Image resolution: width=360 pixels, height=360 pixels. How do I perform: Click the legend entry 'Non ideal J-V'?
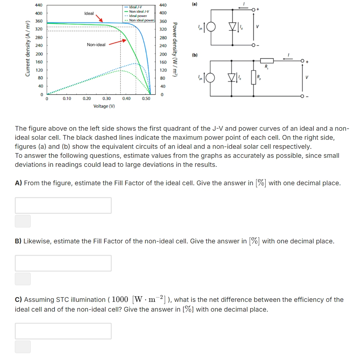pyautogui.click(x=138, y=12)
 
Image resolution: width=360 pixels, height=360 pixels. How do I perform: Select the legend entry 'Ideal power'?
pyautogui.click(x=138, y=16)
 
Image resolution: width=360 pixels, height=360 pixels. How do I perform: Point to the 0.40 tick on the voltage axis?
pyautogui.click(x=126, y=98)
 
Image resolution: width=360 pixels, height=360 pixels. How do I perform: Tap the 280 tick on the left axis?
pyautogui.click(x=39, y=38)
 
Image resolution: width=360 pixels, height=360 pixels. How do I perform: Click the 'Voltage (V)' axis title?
pyautogui.click(x=104, y=106)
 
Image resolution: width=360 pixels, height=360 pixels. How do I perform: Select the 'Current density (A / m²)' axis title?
pyautogui.click(x=27, y=49)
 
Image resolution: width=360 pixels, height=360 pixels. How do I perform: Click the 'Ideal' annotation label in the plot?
pyautogui.click(x=89, y=13)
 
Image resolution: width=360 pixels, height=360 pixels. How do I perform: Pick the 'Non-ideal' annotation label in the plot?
pyautogui.click(x=96, y=45)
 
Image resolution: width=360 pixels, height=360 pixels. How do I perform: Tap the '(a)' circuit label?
pyautogui.click(x=195, y=4)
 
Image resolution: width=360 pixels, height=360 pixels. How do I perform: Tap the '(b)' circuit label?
pyautogui.click(x=195, y=56)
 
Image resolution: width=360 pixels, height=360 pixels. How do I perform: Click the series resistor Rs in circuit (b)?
pyautogui.click(x=267, y=60)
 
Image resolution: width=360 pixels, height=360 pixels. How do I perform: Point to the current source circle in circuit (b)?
pyautogui.click(x=211, y=78)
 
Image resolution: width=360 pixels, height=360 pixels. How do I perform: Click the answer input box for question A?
pyautogui.click(x=63, y=205)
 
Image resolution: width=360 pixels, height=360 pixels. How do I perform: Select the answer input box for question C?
pyautogui.click(x=63, y=331)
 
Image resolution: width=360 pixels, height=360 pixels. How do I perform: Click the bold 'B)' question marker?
pyautogui.click(x=18, y=241)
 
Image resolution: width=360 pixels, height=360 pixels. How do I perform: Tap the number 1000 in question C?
pyautogui.click(x=120, y=300)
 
